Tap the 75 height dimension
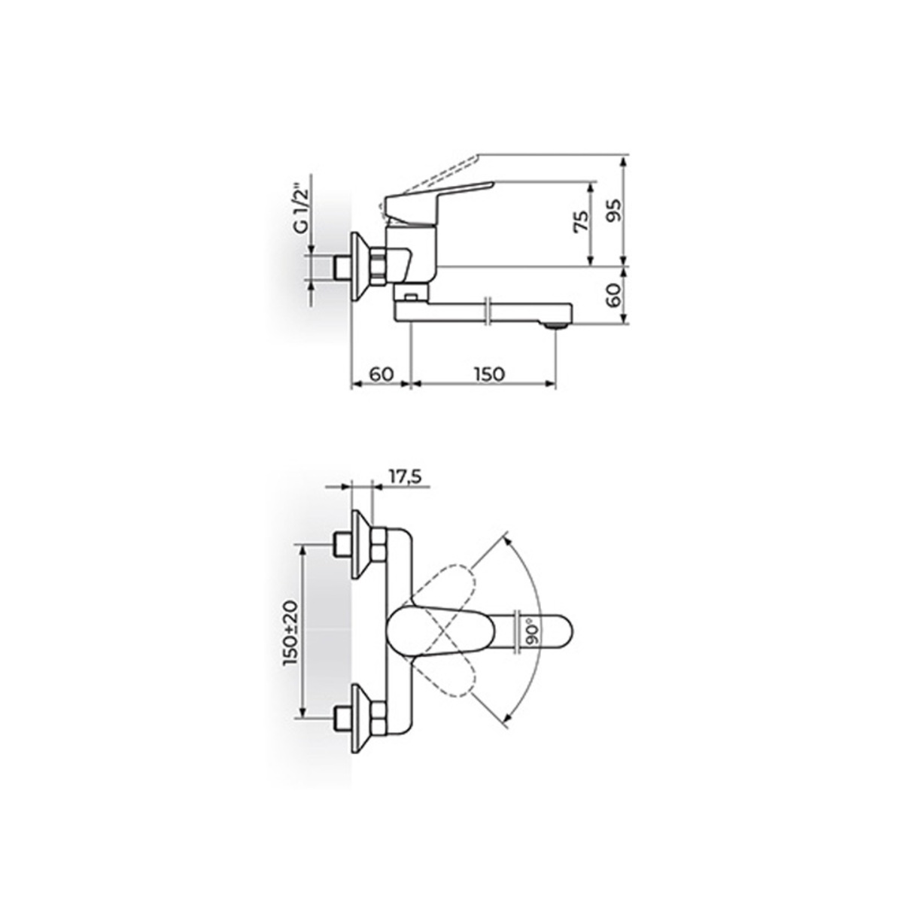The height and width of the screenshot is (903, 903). [x=581, y=222]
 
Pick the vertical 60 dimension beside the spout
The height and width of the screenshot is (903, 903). [x=613, y=296]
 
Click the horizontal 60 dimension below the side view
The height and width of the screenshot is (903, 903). [x=381, y=375]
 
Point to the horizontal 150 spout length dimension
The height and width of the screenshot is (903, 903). [x=489, y=375]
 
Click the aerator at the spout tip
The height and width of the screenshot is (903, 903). [x=556, y=324]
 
